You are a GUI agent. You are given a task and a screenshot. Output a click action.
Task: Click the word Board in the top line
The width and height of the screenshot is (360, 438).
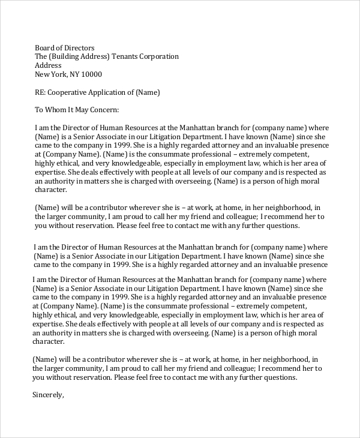(x=46, y=47)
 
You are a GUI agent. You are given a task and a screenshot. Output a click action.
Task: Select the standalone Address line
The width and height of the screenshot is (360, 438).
(x=49, y=65)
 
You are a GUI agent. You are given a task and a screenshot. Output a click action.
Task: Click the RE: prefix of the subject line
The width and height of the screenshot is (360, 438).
(x=41, y=92)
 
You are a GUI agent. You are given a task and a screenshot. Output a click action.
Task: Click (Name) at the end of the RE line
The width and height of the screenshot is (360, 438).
(x=149, y=92)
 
